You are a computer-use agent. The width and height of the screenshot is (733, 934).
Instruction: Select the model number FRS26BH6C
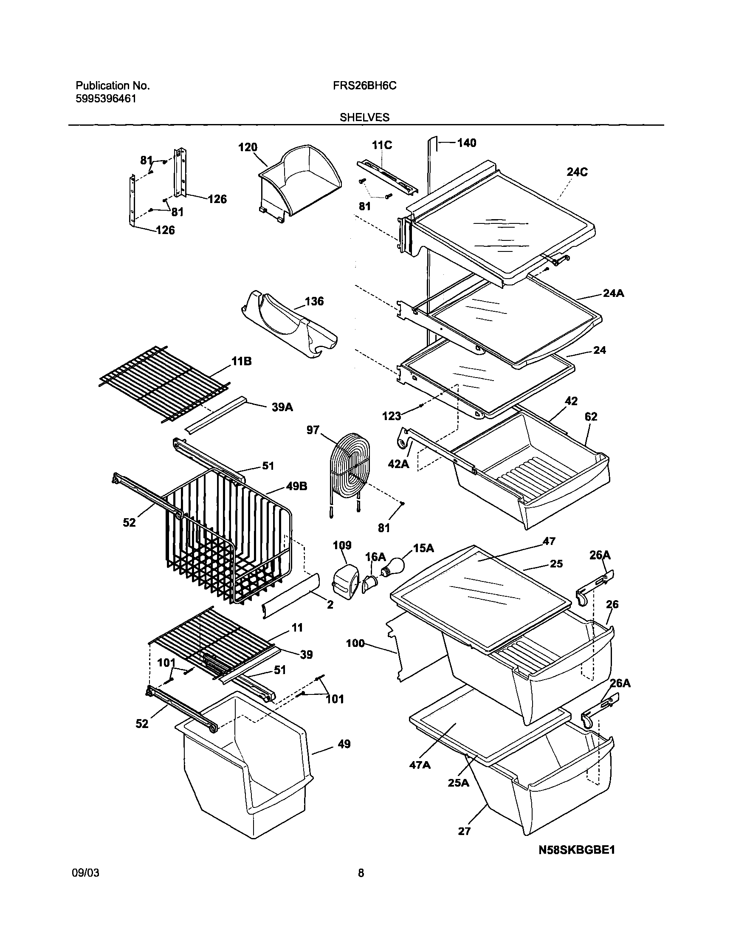point(364,86)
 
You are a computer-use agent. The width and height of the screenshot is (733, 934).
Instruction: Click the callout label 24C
point(577,172)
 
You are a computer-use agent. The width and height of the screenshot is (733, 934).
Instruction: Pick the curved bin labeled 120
point(300,180)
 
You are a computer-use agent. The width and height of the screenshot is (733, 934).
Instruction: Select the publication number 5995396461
point(106,99)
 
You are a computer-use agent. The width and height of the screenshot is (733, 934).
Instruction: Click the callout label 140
point(466,143)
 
